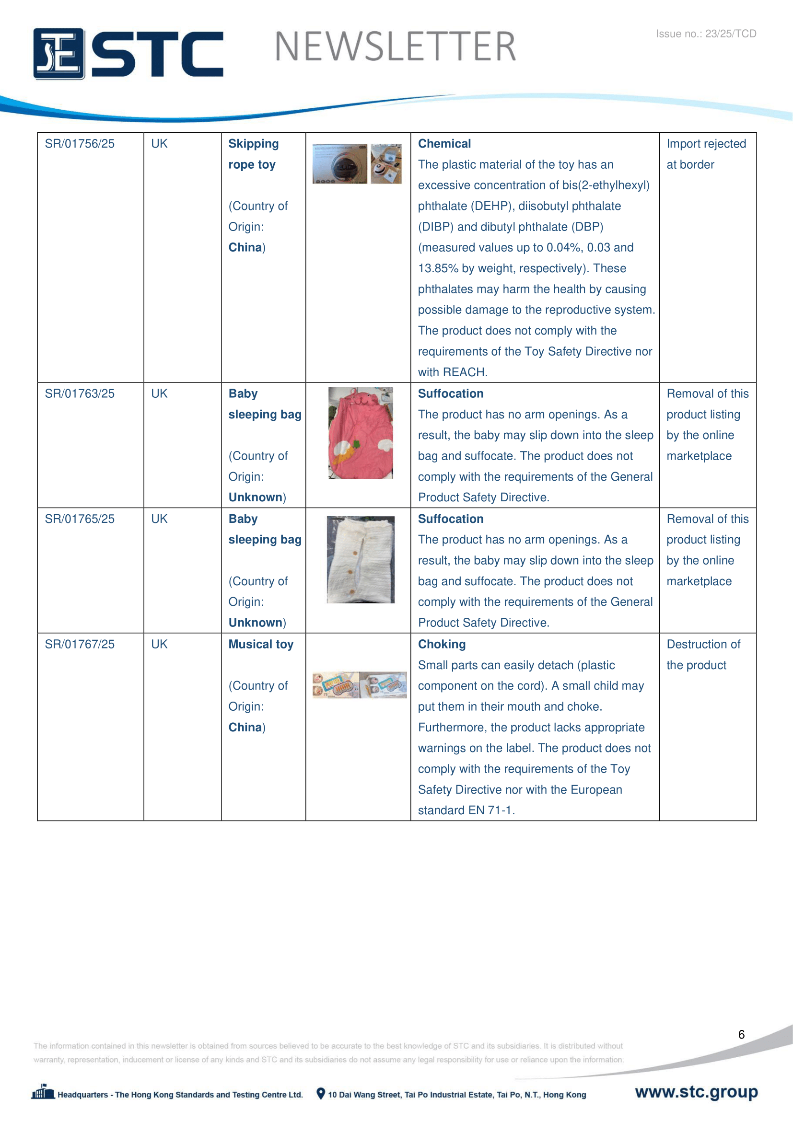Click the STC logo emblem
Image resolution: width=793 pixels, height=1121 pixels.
(x=58, y=53)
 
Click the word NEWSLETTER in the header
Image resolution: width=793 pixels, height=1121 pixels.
(x=395, y=47)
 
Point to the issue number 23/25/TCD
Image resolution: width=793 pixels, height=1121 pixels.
(x=706, y=34)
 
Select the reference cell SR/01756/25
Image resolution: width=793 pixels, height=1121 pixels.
(x=80, y=144)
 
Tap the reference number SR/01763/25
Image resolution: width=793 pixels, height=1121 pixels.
(x=80, y=393)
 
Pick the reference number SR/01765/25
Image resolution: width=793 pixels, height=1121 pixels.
(x=80, y=519)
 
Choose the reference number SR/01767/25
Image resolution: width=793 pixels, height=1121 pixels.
(x=80, y=645)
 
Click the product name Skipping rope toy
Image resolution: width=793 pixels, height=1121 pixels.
(x=254, y=154)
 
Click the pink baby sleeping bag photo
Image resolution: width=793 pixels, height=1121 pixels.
(x=361, y=433)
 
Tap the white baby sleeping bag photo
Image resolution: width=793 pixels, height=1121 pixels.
(x=361, y=559)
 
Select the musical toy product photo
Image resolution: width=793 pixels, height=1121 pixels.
(x=360, y=684)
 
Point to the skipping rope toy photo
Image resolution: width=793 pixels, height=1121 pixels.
(x=357, y=163)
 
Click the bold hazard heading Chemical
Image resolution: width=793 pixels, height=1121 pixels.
(x=444, y=144)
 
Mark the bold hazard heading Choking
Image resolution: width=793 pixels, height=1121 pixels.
(x=442, y=645)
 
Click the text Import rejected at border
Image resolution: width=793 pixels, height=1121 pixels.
(x=706, y=154)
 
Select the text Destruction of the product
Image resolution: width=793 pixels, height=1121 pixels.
(x=703, y=655)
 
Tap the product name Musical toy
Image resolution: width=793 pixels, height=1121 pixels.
(x=261, y=645)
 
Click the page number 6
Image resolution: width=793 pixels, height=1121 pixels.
(x=741, y=1035)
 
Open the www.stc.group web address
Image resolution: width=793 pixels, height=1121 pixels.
(x=696, y=1092)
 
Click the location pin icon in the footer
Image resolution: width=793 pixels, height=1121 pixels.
(x=321, y=1094)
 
